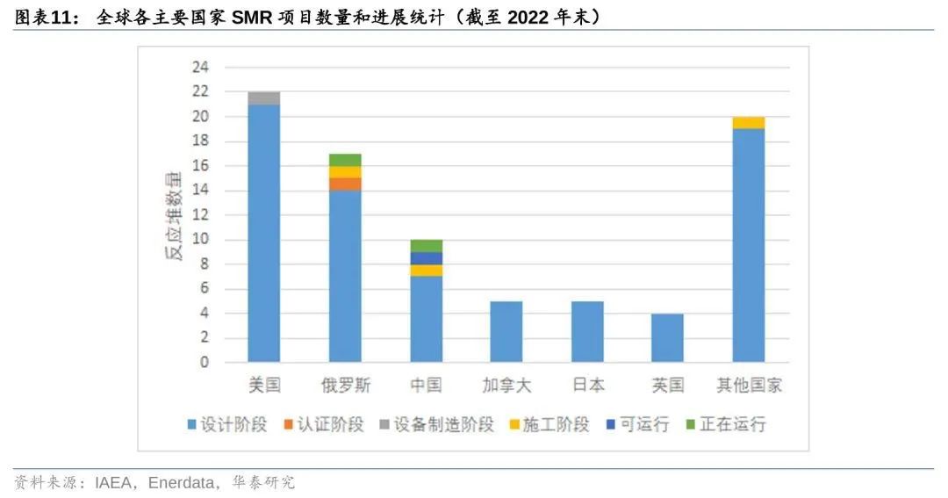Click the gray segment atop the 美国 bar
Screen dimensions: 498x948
[264, 98]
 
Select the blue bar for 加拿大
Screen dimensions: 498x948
[506, 331]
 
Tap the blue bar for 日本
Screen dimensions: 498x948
[587, 331]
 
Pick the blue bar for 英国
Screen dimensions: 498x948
[668, 337]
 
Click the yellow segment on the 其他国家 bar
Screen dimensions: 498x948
[749, 123]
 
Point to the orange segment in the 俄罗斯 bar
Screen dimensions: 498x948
[345, 184]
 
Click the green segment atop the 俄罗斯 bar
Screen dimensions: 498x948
[345, 160]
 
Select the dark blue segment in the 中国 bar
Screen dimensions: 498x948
[426, 258]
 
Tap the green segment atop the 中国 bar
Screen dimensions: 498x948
[426, 246]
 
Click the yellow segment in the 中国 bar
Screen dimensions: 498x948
[426, 271]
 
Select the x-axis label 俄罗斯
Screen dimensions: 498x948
[345, 386]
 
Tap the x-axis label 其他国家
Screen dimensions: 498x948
[749, 386]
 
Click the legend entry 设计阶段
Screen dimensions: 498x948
[219, 424]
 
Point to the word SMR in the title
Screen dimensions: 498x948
[252, 16]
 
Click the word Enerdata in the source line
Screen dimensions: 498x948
[183, 483]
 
